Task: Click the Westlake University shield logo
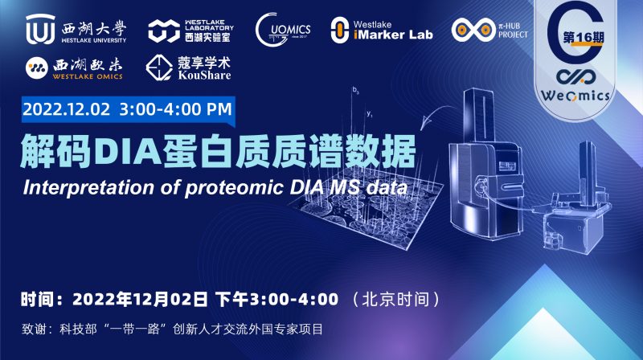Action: (39, 29)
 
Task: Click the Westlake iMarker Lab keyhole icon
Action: (341, 31)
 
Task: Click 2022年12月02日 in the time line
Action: (141, 299)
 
